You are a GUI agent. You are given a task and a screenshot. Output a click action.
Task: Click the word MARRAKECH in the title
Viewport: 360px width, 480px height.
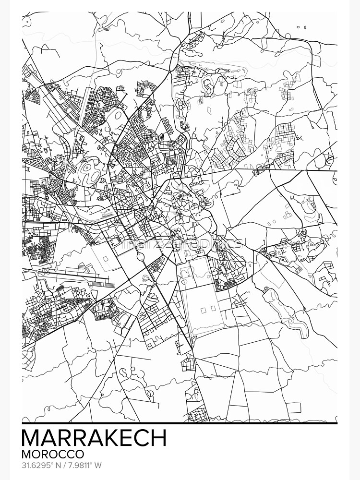(94, 438)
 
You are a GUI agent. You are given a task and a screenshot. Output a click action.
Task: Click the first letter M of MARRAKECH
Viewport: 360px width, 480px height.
(32, 438)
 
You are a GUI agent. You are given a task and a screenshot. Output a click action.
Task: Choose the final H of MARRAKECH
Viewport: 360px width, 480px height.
(157, 438)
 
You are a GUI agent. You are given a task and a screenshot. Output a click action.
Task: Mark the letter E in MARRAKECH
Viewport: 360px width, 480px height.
(124, 438)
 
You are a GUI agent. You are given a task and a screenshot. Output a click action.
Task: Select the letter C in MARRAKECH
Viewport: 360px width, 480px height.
(140, 438)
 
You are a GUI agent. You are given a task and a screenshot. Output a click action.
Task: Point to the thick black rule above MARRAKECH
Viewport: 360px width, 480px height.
(180, 423)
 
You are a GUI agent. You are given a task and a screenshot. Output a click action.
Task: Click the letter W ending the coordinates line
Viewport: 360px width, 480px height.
(99, 466)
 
